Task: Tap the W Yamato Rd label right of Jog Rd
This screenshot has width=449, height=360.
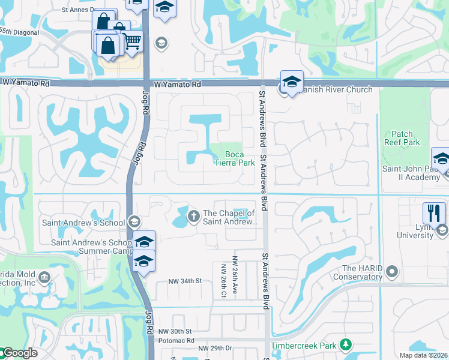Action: (x=176, y=85)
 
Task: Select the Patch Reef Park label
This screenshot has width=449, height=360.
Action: (x=402, y=139)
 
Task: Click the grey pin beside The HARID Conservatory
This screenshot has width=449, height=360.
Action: (x=393, y=272)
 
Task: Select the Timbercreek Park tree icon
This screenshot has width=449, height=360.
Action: (x=345, y=345)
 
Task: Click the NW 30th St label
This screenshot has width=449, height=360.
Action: (x=175, y=331)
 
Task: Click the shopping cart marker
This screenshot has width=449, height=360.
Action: (x=133, y=41)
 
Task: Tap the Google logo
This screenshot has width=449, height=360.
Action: (x=19, y=353)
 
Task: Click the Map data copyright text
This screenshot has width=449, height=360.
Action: (x=423, y=355)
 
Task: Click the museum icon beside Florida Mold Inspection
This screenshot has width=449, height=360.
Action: (x=44, y=277)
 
